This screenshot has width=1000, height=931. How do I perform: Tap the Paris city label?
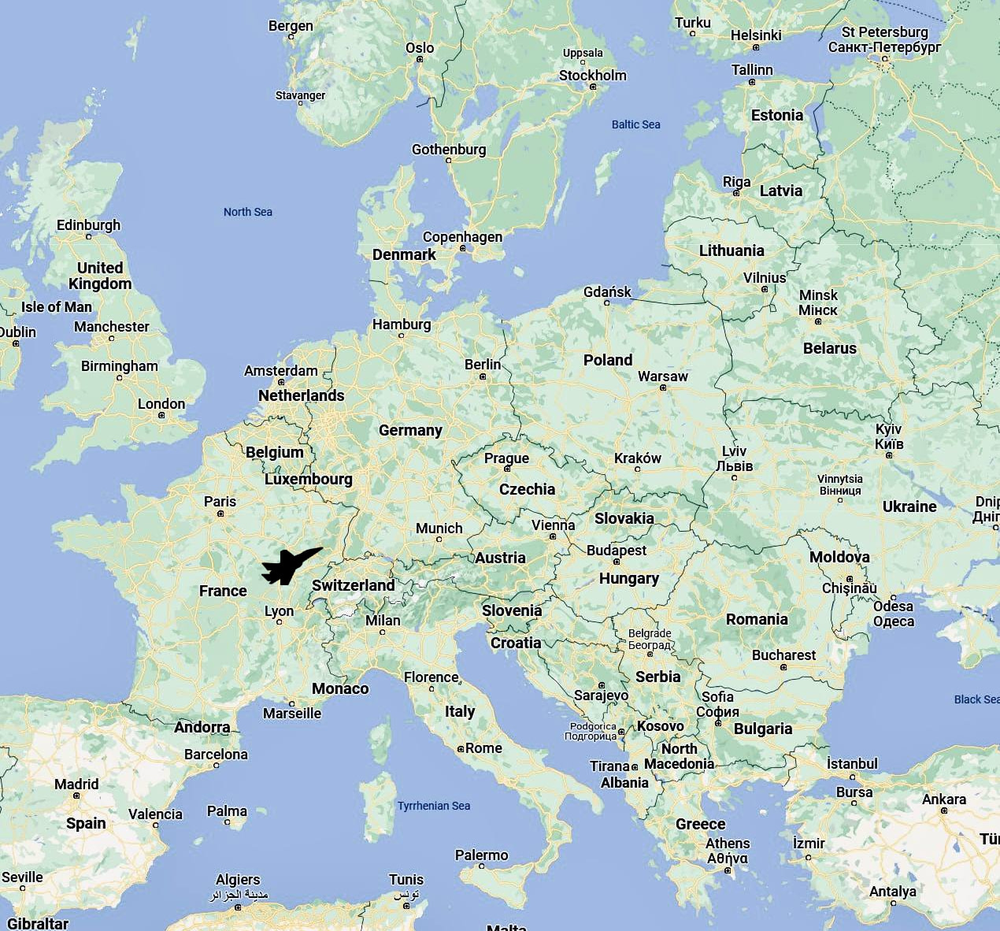tap(220, 502)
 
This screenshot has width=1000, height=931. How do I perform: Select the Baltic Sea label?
tap(635, 124)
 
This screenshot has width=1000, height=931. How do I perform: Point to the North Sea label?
tap(247, 212)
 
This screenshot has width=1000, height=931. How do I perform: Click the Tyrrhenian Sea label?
tap(433, 806)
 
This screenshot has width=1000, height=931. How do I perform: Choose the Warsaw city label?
tap(662, 376)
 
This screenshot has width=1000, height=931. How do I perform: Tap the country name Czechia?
tap(527, 489)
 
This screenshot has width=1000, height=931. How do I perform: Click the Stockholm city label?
tap(592, 76)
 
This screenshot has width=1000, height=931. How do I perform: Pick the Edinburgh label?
tap(88, 225)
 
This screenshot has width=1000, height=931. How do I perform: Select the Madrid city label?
tap(76, 784)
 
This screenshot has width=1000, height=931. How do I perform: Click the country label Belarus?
tap(829, 348)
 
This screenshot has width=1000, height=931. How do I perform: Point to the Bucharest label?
tap(783, 655)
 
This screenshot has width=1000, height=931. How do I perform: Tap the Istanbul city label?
tap(852, 764)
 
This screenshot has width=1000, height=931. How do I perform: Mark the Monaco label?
tap(340, 688)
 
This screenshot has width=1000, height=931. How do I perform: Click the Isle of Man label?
tap(56, 307)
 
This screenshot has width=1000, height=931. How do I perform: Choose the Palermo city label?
tap(481, 855)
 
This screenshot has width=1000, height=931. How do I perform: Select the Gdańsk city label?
tap(607, 292)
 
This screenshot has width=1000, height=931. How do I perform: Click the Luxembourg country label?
tap(308, 479)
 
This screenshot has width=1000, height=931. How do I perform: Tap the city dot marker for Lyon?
tap(279, 622)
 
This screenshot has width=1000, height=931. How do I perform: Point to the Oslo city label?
tap(420, 48)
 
